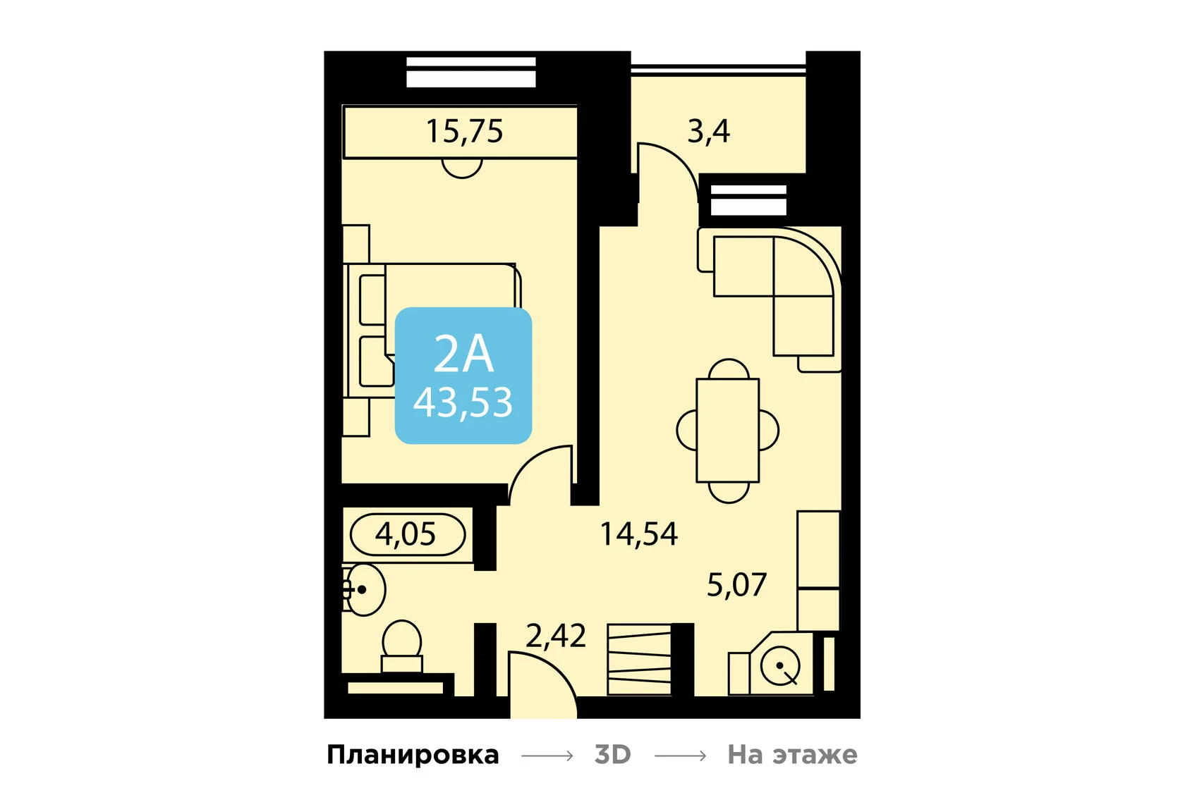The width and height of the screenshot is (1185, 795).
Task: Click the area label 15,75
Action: [x=464, y=131]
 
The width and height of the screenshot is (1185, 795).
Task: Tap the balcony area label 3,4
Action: [x=708, y=131]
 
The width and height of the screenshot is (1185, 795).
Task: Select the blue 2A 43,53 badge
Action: [x=463, y=376]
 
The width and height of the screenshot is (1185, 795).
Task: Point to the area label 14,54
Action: [x=638, y=534]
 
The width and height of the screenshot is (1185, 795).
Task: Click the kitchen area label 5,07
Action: [x=736, y=585]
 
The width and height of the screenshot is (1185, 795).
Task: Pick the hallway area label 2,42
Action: [x=555, y=636]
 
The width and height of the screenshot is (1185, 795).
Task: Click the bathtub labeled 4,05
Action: [x=407, y=534]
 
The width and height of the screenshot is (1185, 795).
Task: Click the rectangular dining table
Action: [x=727, y=430]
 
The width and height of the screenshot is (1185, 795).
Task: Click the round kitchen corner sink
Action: [x=780, y=666]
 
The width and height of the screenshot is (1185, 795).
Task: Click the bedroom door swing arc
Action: [x=540, y=472]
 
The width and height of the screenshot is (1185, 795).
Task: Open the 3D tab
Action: [x=612, y=755]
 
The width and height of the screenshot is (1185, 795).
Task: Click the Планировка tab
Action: [x=413, y=755]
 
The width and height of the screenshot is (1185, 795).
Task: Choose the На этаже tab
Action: [x=792, y=755]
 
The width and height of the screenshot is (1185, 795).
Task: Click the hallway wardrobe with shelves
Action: [x=639, y=659]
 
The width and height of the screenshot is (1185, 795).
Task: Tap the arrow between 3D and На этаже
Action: [x=680, y=756]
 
